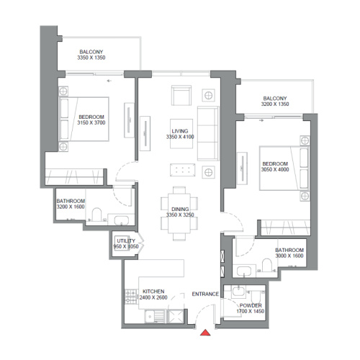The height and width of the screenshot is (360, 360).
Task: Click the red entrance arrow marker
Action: [x=205, y=332]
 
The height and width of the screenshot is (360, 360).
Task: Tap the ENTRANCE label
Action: [x=205, y=294]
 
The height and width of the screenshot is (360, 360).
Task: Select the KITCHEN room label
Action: [x=154, y=292]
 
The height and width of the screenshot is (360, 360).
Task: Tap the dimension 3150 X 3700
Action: [x=91, y=122]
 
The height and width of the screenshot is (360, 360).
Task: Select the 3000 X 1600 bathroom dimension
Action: [x=289, y=256]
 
